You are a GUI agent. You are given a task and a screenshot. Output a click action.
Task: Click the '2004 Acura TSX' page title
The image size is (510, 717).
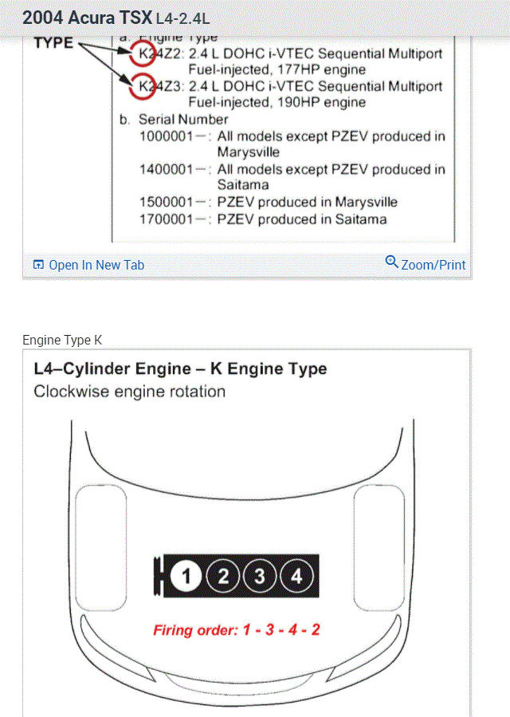point(87,18)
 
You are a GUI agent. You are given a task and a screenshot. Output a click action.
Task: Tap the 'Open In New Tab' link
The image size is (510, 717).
point(88,265)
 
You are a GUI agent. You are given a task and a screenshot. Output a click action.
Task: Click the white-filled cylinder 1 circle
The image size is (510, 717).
point(186,577)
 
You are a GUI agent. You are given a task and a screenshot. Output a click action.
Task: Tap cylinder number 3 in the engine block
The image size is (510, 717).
point(260,577)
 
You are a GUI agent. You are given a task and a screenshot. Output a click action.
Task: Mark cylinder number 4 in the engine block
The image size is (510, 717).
point(296,577)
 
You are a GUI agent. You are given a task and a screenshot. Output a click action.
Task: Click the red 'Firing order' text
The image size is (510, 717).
point(237,630)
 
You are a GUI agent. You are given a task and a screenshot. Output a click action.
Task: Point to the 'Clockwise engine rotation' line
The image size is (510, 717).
point(130,392)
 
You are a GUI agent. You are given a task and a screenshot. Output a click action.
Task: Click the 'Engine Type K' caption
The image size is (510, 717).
point(62,340)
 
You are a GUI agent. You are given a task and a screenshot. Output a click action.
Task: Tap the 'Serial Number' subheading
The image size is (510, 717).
point(182,120)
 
